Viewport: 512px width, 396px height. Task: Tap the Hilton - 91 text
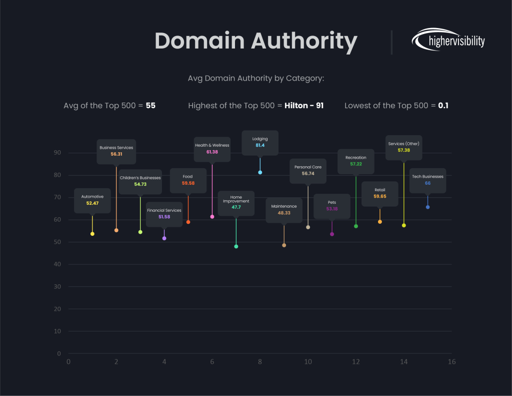coord(304,106)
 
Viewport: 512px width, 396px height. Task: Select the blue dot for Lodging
coord(260,172)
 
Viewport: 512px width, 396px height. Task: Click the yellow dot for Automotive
coord(92,234)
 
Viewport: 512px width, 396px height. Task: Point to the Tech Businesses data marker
coord(427,207)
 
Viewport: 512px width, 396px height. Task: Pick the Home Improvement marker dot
coord(236,246)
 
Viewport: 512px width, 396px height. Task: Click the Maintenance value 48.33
coord(284,213)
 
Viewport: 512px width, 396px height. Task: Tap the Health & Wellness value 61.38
coord(212,152)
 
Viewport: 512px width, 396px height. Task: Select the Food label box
coord(188,180)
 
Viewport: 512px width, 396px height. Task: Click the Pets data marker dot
coord(332,234)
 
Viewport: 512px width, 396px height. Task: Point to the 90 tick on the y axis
coord(58,153)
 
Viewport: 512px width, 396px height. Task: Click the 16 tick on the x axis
coord(451,362)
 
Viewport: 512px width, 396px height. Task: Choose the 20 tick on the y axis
coord(58,309)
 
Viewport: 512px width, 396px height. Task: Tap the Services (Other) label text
coord(403,144)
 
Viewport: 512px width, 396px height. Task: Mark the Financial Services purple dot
coord(164,238)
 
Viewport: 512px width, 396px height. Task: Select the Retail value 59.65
coord(380,197)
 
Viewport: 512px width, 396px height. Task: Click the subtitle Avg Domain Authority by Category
coord(255,79)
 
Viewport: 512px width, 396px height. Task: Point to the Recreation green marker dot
coord(356,226)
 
